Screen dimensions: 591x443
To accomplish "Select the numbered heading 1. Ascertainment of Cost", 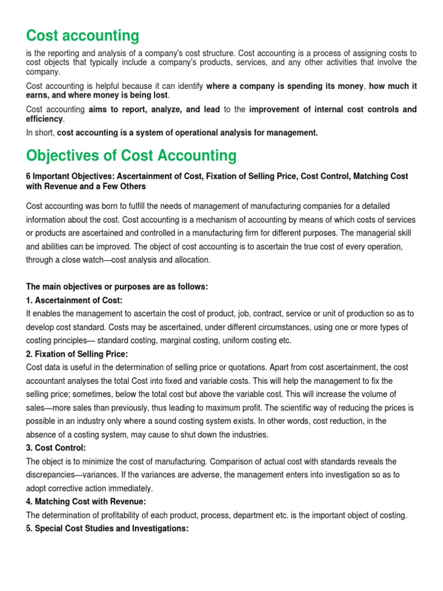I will coord(74,300).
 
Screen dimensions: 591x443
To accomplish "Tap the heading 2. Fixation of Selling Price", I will coord(77,353).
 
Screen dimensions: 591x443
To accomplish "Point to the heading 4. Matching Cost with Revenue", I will coord(86,502).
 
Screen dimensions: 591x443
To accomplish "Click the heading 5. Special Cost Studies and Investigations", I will coord(107,528).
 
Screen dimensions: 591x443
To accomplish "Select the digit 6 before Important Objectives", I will coord(28,176).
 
